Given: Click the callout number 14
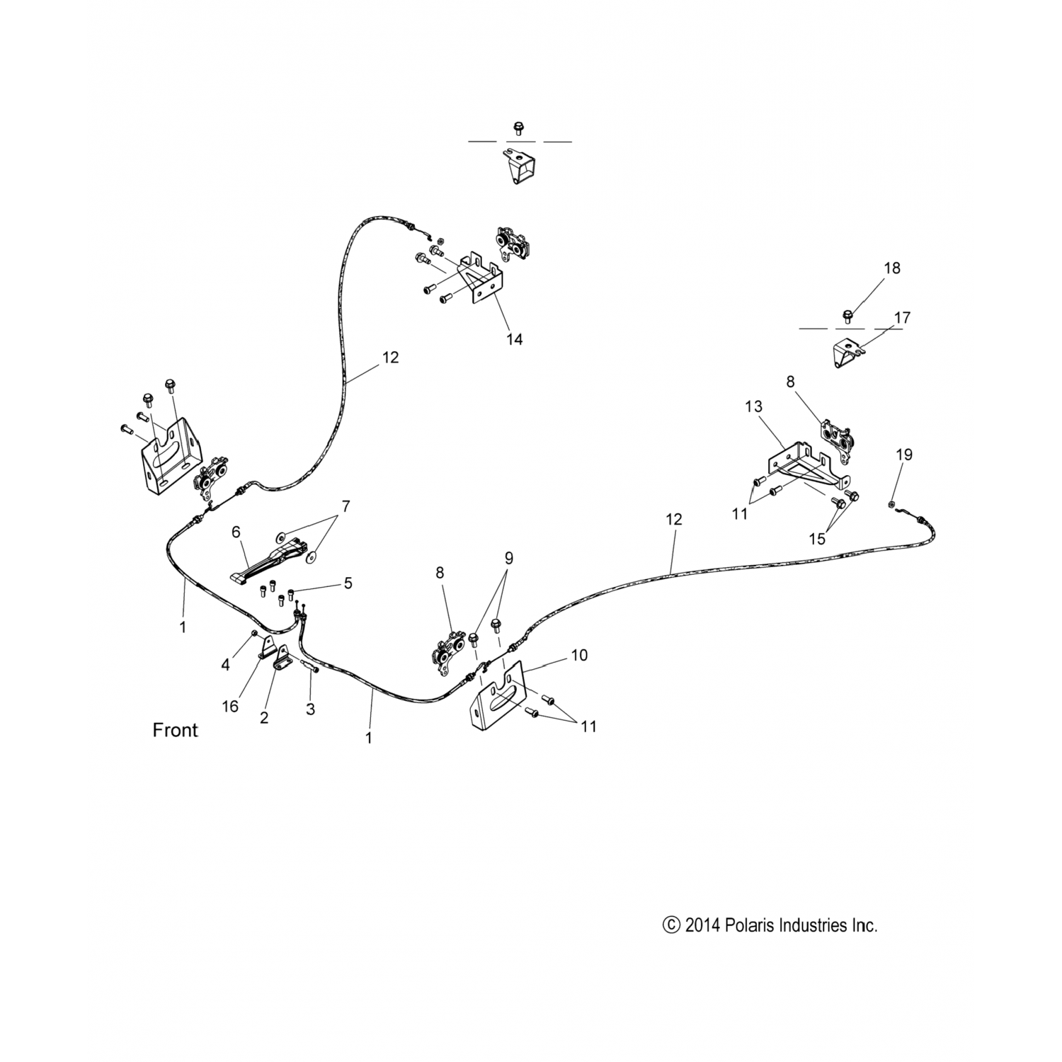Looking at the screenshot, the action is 514,339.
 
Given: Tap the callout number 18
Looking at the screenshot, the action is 891,268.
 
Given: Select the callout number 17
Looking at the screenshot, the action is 901,318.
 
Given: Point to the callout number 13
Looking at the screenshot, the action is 753,406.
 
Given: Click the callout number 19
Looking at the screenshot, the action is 904,455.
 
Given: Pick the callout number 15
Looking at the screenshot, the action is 817,539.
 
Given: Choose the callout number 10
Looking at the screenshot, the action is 578,655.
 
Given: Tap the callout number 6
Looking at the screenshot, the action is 236,531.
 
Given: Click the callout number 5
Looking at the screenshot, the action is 347,583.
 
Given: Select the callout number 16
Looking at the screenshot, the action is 230,706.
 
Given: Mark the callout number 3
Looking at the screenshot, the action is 310,709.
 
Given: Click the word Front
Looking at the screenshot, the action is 175,730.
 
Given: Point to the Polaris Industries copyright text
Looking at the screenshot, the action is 770,925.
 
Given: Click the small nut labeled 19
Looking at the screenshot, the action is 891,503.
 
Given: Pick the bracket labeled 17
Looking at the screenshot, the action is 847,352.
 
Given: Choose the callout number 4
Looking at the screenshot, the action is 225,665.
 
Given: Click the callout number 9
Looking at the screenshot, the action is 508,558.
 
